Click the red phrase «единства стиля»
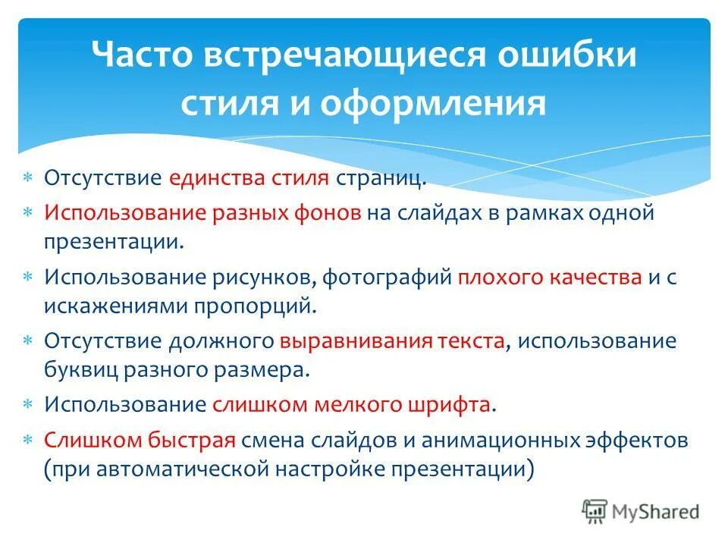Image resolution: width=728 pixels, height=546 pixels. click(249, 179)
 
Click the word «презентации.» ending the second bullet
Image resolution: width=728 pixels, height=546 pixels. click(114, 243)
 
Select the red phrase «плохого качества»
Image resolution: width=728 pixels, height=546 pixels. click(549, 277)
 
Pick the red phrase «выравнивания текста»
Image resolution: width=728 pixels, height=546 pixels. click(391, 340)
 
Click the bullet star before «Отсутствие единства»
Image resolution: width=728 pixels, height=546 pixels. click(28, 180)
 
